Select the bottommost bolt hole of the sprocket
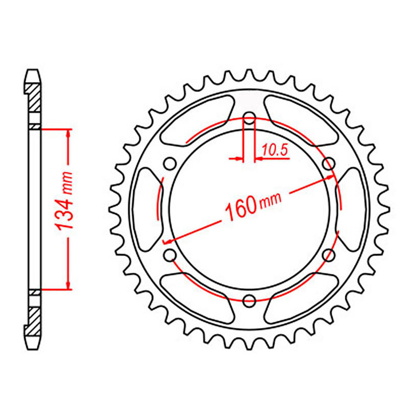(250, 299)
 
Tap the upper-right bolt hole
(329, 164)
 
